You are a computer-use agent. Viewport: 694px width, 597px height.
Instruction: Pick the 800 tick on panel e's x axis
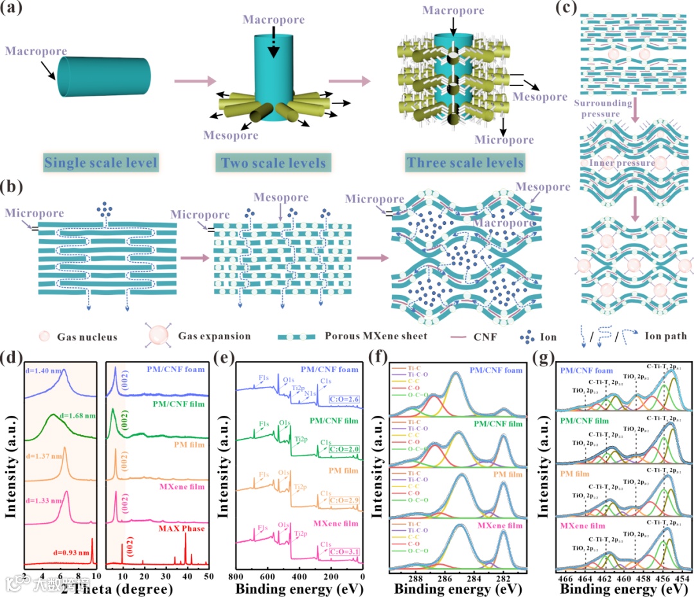[237, 576]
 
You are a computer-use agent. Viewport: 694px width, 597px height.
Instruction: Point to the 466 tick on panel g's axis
[567, 576]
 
